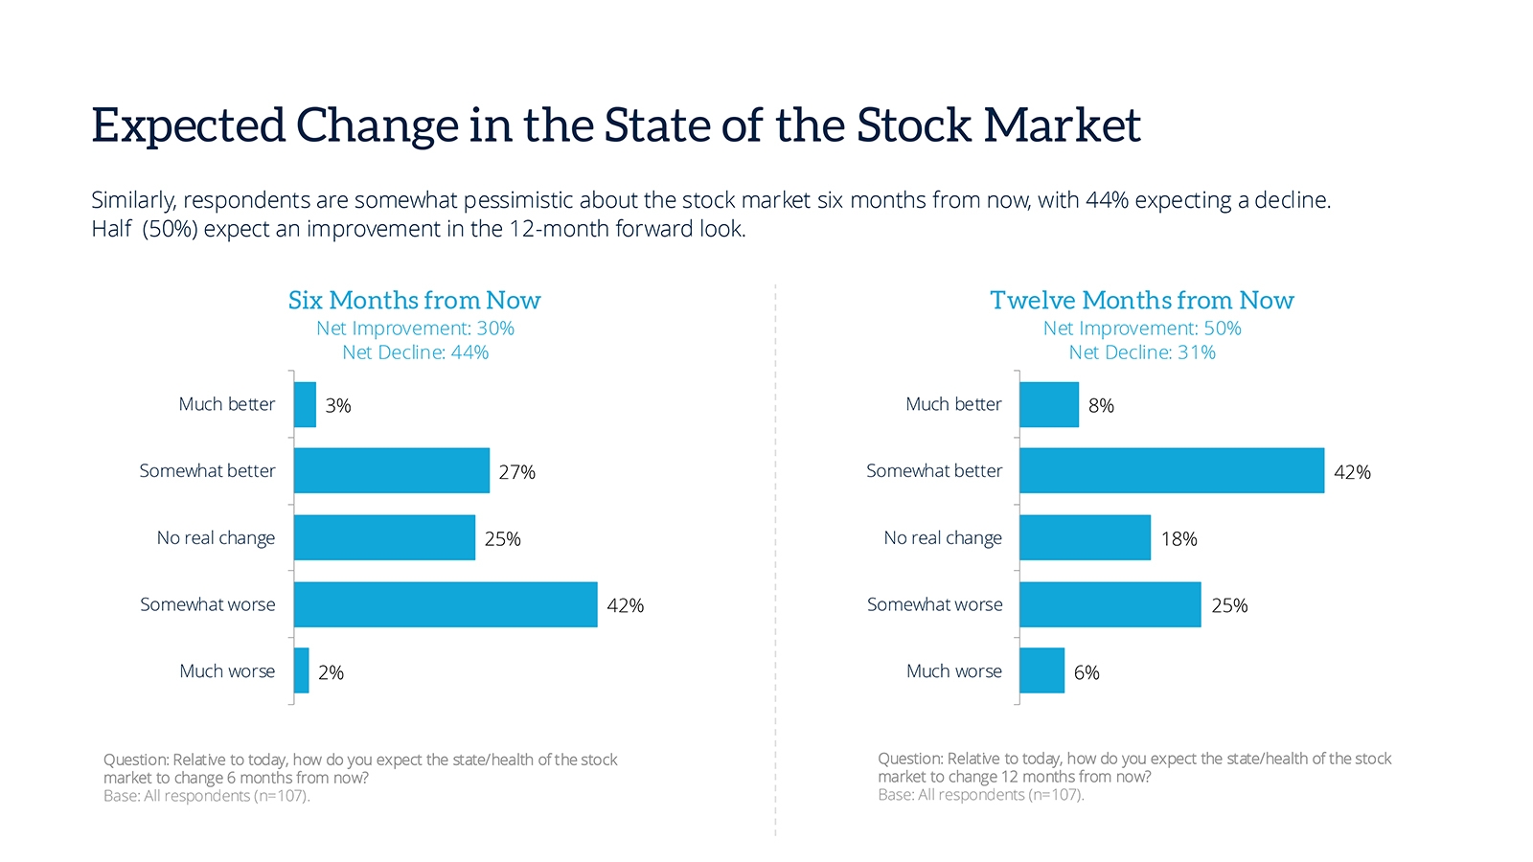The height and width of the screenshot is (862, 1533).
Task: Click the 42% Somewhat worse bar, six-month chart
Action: (x=446, y=604)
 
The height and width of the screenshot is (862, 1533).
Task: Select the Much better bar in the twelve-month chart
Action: (x=1049, y=404)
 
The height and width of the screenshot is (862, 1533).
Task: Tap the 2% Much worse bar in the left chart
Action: (x=302, y=670)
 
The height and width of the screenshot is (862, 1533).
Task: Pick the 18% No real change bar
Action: (x=1085, y=537)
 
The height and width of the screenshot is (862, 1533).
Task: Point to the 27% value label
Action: (x=516, y=472)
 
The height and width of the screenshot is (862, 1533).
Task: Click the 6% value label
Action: (x=1087, y=672)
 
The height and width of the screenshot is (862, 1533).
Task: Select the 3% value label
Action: (x=338, y=406)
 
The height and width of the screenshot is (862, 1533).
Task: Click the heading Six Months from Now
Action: (x=414, y=301)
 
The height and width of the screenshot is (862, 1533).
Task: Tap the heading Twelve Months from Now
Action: (x=1141, y=301)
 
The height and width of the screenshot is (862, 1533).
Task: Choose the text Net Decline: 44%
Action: (x=415, y=352)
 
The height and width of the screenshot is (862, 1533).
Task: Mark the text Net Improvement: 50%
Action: (x=1141, y=329)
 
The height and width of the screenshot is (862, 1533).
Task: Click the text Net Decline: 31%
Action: (x=1141, y=352)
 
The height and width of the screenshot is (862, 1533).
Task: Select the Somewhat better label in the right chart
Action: (x=933, y=471)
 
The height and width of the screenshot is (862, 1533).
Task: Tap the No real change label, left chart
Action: (x=216, y=538)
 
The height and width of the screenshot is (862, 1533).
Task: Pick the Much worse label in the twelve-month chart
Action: (x=953, y=671)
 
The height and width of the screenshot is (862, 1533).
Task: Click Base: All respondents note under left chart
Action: (x=206, y=796)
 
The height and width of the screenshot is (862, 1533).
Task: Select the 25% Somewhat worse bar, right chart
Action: (x=1110, y=604)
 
